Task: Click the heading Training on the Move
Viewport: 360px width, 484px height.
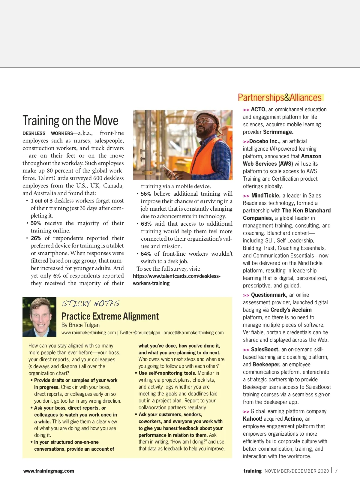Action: [70, 121]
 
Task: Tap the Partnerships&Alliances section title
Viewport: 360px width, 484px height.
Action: [280, 98]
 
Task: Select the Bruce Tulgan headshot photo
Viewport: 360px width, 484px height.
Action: [39, 317]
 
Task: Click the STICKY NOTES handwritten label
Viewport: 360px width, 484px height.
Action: [90, 303]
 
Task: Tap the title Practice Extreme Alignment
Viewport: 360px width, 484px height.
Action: [110, 316]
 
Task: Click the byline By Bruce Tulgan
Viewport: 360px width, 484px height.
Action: [80, 325]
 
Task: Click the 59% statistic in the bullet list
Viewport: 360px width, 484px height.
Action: [35, 223]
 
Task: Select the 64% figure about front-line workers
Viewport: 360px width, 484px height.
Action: [145, 254]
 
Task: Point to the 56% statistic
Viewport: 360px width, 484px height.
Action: [145, 194]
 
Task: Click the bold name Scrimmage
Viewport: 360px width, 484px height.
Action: [278, 132]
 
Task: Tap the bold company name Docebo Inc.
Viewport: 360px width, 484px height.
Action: [265, 141]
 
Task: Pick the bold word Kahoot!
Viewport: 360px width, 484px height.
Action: [252, 419]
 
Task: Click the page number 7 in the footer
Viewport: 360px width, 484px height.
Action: [336, 471]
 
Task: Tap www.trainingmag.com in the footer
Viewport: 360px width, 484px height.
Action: [49, 471]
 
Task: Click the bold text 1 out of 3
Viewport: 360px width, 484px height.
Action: [41, 201]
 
